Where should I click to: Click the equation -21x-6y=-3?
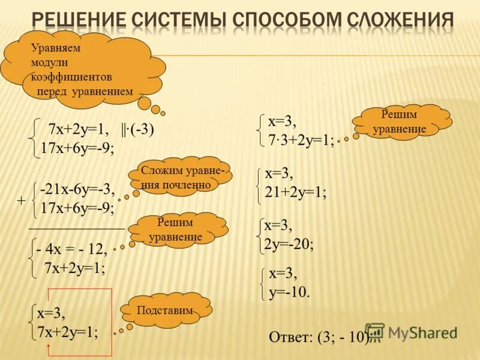click(x=77, y=189)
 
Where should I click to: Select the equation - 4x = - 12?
click(x=71, y=250)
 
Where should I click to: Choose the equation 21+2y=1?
click(x=295, y=193)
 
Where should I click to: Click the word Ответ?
click(x=289, y=337)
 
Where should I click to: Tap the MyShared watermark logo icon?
click(x=375, y=332)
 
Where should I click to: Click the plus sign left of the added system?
click(x=21, y=202)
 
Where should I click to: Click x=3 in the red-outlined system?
click(x=51, y=313)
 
